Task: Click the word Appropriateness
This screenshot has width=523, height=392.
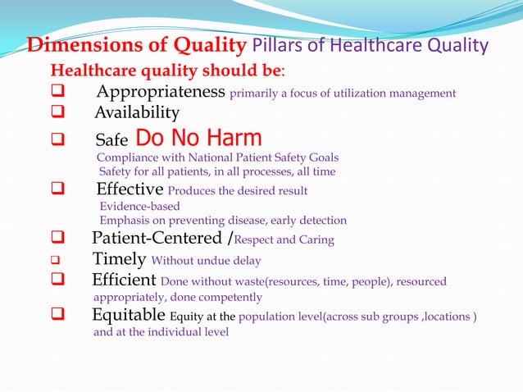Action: point(161,92)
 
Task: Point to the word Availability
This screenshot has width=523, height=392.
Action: point(136,112)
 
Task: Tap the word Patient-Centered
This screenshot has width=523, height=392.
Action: point(157,239)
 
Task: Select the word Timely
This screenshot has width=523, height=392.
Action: point(119,261)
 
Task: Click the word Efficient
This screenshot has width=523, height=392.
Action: point(124,281)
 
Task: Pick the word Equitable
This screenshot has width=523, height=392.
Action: point(127,317)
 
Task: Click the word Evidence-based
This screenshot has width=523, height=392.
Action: point(139,207)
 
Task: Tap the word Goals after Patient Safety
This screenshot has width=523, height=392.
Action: point(322,157)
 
